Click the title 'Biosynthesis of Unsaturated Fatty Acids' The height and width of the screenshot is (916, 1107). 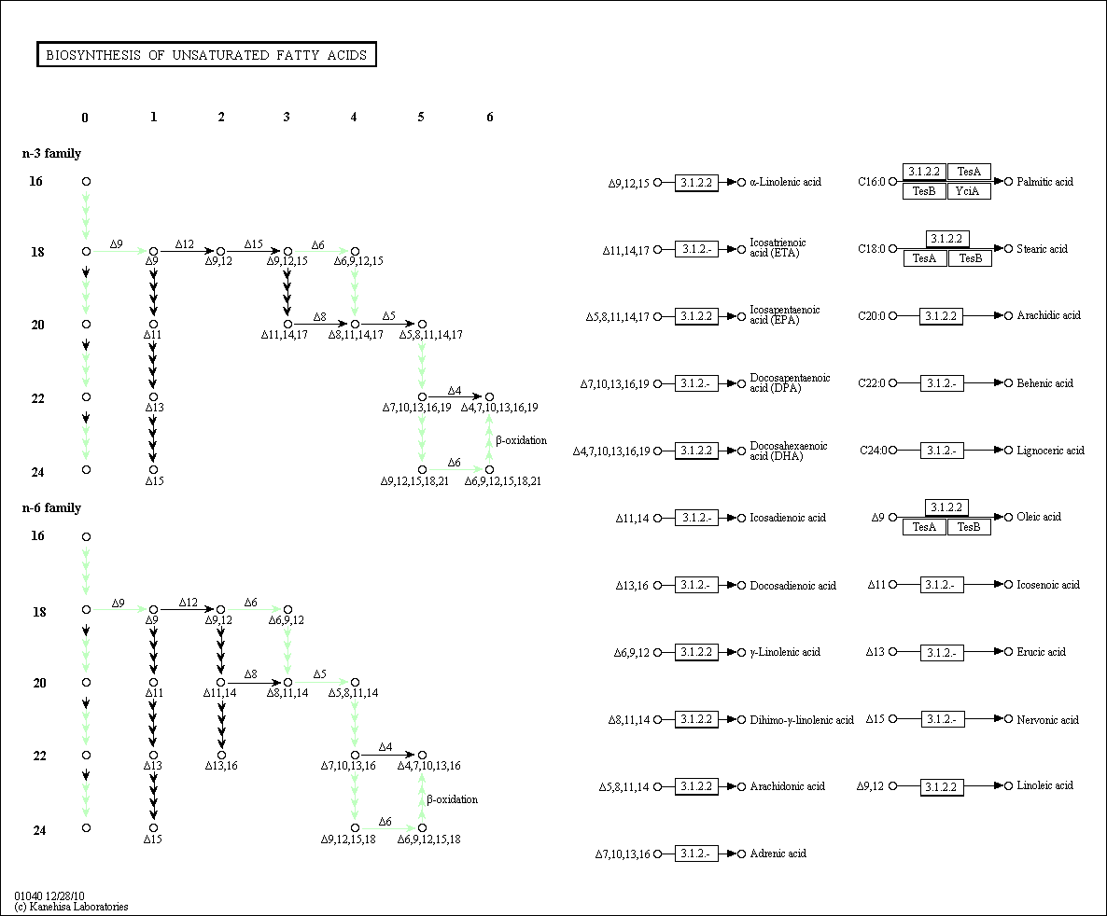[x=206, y=55]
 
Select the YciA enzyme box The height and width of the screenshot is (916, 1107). [x=969, y=191]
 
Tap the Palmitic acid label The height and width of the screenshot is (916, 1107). [x=1045, y=182]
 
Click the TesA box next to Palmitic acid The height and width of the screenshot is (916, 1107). [x=969, y=172]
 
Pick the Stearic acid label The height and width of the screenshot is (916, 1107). [x=1043, y=249]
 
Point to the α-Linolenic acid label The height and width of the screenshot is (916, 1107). [x=785, y=182]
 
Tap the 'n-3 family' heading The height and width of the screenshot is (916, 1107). [x=52, y=153]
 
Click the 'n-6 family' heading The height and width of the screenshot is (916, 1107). [x=52, y=507]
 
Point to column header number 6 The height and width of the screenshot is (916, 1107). [x=489, y=118]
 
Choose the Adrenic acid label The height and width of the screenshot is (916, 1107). [x=778, y=854]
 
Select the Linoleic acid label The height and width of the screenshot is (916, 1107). [x=1045, y=785]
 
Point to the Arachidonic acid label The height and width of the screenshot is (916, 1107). [x=787, y=786]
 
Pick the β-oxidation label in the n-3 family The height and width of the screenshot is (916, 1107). [x=521, y=440]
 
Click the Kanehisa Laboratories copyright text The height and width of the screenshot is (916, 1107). [x=71, y=907]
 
